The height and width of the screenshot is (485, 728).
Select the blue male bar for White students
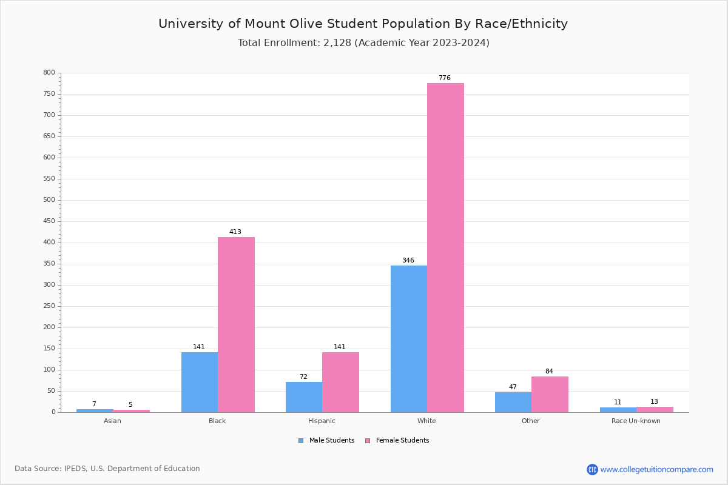tap(408, 339)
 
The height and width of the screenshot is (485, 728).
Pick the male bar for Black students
tap(199, 382)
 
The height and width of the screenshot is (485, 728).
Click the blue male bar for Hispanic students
tap(303, 397)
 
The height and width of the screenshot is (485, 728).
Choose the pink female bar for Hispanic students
tap(340, 382)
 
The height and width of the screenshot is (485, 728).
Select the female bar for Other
tap(550, 394)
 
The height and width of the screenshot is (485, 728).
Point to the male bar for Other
tap(513, 402)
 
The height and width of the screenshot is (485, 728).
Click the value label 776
tap(445, 78)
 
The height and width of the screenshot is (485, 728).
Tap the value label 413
tap(235, 232)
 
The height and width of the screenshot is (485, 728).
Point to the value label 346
tap(408, 261)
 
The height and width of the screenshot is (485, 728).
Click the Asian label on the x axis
tap(112, 421)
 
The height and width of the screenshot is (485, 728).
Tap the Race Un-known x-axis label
tap(636, 421)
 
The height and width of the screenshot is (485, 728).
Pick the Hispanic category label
tap(322, 421)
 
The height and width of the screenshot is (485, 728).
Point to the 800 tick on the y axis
tap(49, 73)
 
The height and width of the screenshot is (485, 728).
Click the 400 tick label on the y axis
tap(49, 242)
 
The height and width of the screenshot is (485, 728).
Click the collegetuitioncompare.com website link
tap(656, 469)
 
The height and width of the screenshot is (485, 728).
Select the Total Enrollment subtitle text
tap(363, 43)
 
